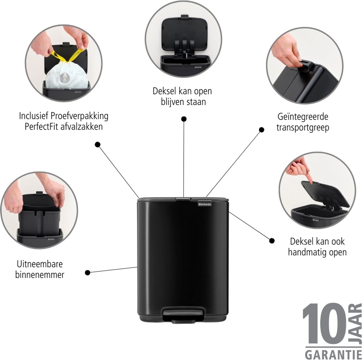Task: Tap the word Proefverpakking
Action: (x=79, y=116)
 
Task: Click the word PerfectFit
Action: (x=41, y=126)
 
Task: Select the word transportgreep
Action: (x=303, y=128)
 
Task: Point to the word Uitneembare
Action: (x=40, y=264)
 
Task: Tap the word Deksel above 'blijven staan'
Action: (x=164, y=91)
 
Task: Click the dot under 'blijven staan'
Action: (x=184, y=119)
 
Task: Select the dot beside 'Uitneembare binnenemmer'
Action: (x=87, y=272)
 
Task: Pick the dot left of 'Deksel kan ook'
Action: (x=272, y=240)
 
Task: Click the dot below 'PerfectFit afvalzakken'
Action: (x=97, y=145)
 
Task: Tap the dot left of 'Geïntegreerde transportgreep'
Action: (x=261, y=129)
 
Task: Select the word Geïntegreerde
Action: (x=303, y=117)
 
